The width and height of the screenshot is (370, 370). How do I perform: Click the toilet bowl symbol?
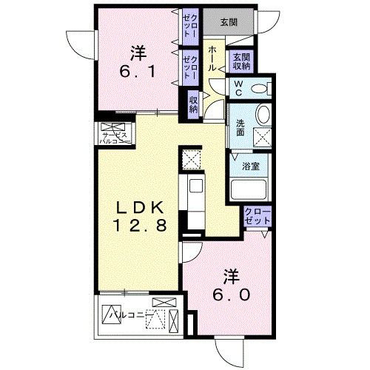[x=260, y=89]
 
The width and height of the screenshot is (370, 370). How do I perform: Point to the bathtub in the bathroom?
[x=251, y=189]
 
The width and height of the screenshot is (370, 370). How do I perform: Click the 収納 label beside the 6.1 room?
[x=193, y=104]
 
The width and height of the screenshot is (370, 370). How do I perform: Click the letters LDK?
[x=138, y=207]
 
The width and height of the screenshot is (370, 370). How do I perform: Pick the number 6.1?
[x=138, y=72]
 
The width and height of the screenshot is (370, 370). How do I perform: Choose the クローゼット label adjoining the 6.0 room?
[x=257, y=217]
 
